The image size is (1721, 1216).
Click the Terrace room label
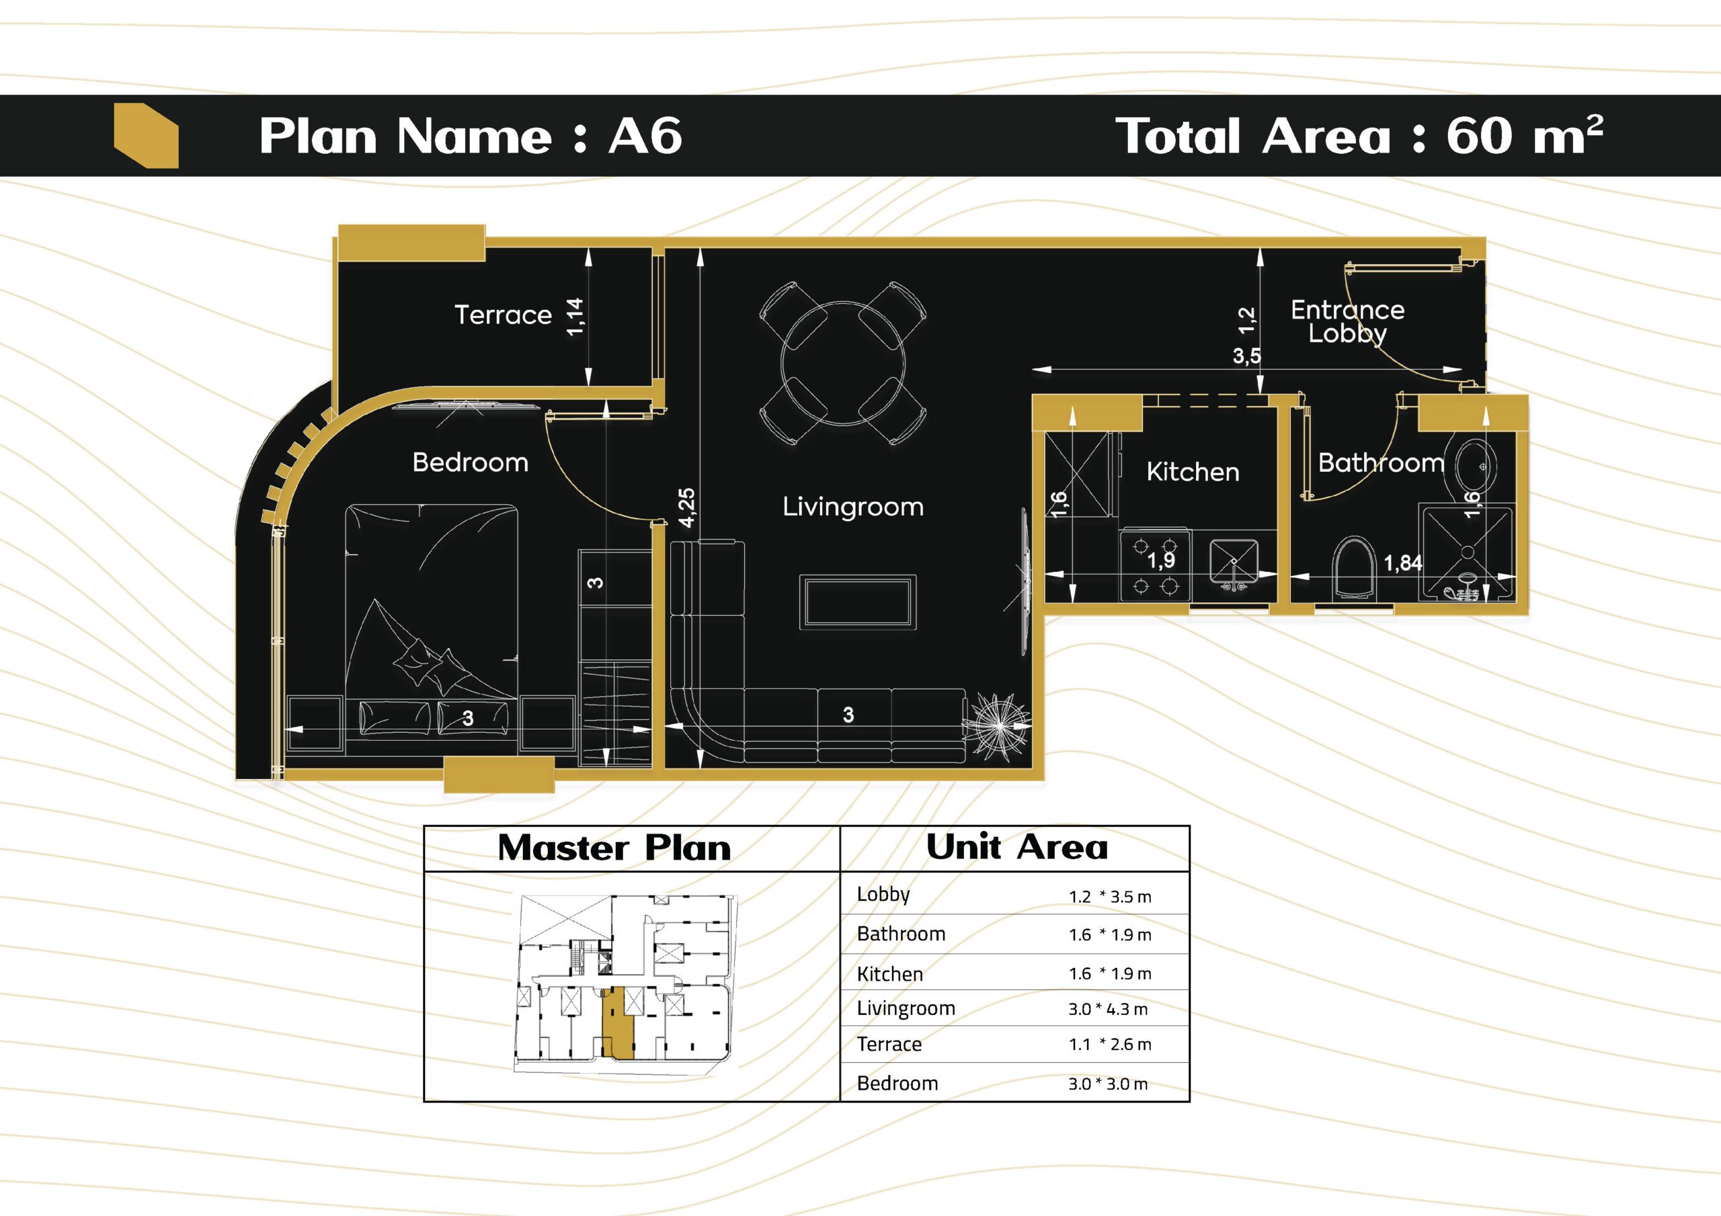(x=503, y=315)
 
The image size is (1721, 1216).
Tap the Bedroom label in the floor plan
(x=470, y=462)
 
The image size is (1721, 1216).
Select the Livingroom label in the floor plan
(x=853, y=508)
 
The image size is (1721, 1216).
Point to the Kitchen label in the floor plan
(x=1193, y=473)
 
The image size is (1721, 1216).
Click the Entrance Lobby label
(x=1348, y=321)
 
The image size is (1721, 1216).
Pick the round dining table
(x=842, y=364)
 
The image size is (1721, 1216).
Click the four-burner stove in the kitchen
(x=1155, y=566)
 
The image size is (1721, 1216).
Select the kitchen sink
(x=1234, y=565)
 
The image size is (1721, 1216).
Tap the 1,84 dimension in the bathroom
(x=1402, y=563)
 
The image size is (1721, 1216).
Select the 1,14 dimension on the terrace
(x=575, y=317)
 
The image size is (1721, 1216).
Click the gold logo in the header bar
(x=146, y=136)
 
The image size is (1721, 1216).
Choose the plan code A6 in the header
(x=645, y=136)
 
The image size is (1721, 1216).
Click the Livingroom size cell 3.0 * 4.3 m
(x=1108, y=1009)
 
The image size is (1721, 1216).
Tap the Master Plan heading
(x=614, y=848)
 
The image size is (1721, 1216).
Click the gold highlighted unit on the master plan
(x=618, y=1022)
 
